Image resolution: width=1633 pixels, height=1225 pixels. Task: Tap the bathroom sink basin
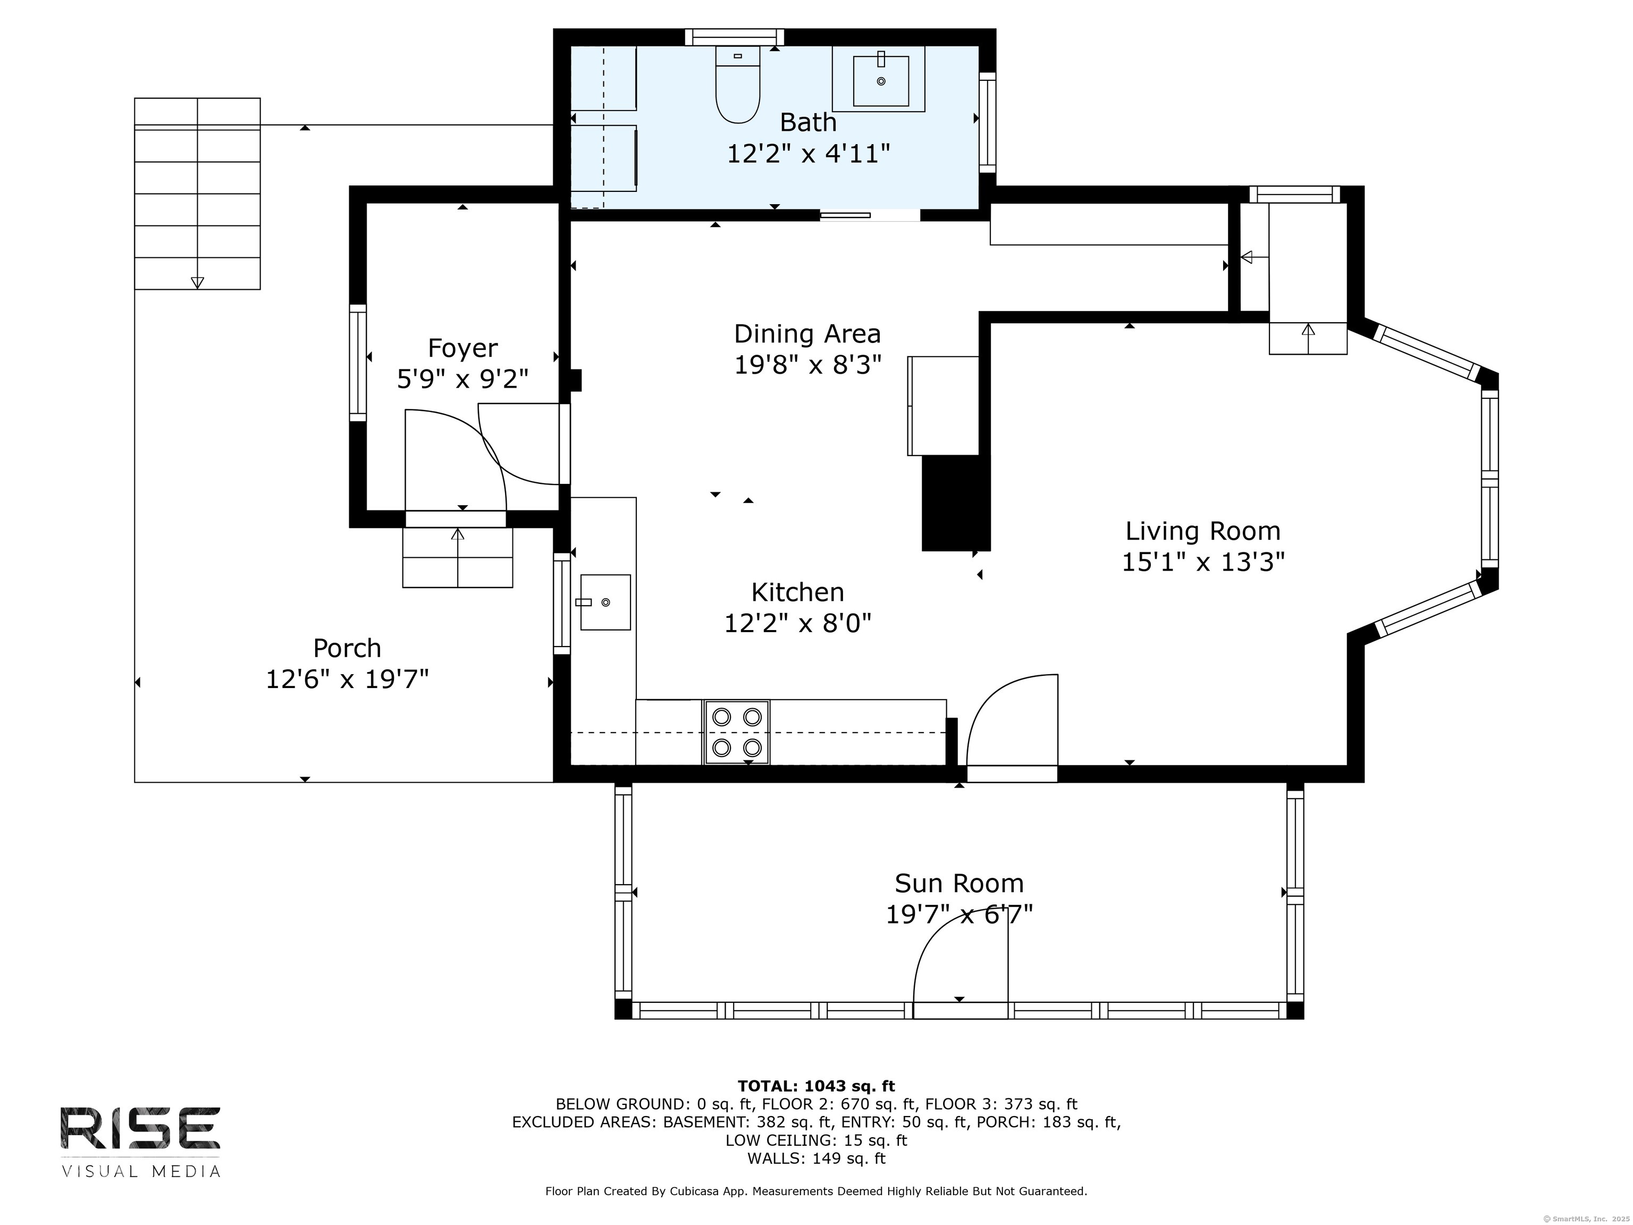(881, 80)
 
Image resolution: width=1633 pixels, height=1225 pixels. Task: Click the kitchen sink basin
(605, 602)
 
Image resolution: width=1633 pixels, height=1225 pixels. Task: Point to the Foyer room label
(463, 348)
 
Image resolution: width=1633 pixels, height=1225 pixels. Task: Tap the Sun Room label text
(959, 883)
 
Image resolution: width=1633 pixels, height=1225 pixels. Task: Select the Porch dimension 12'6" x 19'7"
(347, 678)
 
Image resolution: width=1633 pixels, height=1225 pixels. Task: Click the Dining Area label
(807, 334)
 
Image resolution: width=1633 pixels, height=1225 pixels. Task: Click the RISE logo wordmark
(140, 1128)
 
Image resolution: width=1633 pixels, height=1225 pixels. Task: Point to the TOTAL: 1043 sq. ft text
(816, 1086)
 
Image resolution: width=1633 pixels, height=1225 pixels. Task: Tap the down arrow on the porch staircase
(197, 282)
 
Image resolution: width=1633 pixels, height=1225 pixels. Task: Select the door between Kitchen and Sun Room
(1012, 773)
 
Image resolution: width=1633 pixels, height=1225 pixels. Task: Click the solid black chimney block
(955, 503)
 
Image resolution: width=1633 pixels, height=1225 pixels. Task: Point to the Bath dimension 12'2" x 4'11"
(809, 154)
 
